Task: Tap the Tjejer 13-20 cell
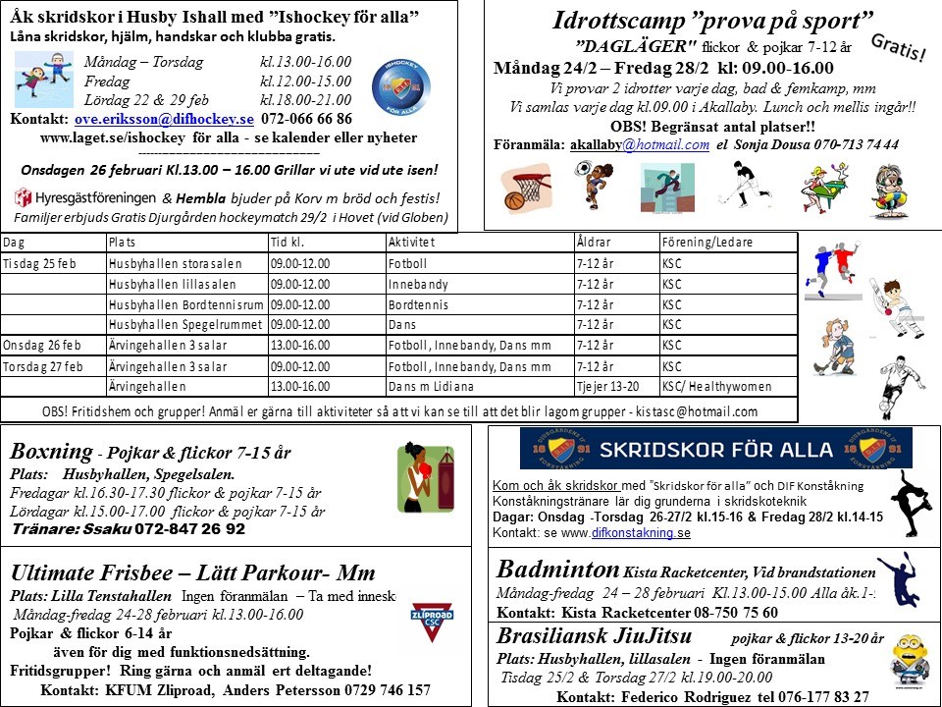pos(609,387)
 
